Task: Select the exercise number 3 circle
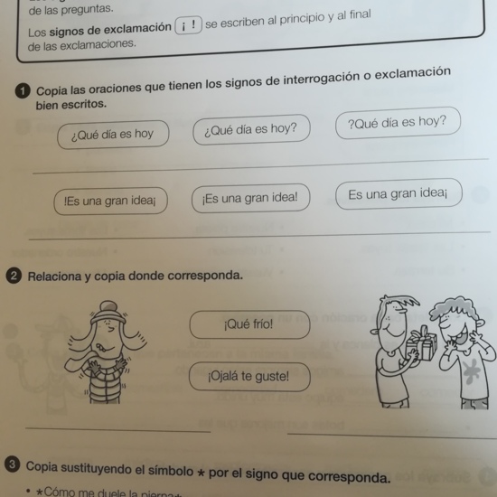(x=13, y=465)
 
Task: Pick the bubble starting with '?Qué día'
(x=397, y=123)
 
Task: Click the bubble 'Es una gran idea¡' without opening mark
(x=398, y=193)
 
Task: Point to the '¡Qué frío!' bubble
(x=248, y=324)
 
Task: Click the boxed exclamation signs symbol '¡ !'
(x=189, y=26)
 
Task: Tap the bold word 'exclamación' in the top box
(x=135, y=27)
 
